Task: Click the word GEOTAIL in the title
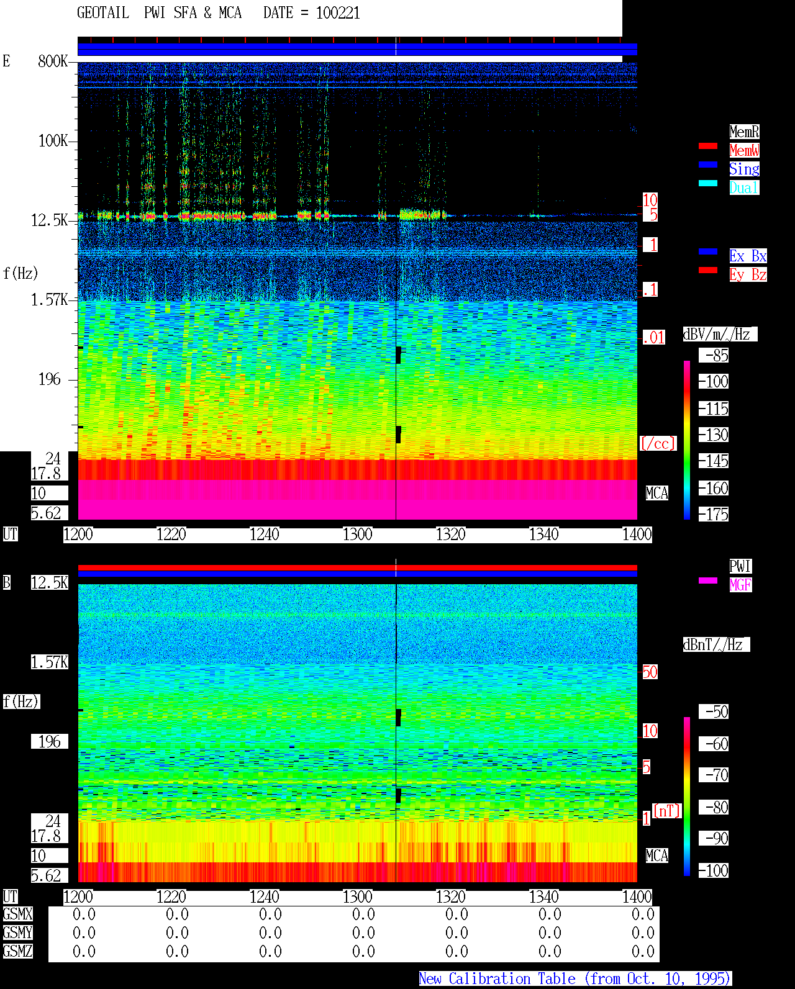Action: (x=103, y=13)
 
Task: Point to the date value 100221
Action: (x=338, y=13)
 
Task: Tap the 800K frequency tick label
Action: (x=53, y=61)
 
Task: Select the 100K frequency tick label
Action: (x=53, y=141)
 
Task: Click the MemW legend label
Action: (x=745, y=150)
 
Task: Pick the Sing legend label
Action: (x=745, y=169)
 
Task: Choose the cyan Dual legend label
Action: (x=745, y=187)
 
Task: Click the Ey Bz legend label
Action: (x=748, y=274)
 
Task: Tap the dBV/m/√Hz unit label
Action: (x=720, y=334)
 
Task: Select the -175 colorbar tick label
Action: (x=714, y=514)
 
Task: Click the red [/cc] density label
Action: (x=658, y=443)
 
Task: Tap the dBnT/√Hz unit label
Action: (x=716, y=645)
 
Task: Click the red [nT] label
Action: (x=666, y=811)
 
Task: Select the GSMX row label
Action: (x=18, y=914)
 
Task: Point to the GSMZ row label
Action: (x=18, y=951)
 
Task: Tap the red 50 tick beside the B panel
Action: (x=650, y=672)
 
